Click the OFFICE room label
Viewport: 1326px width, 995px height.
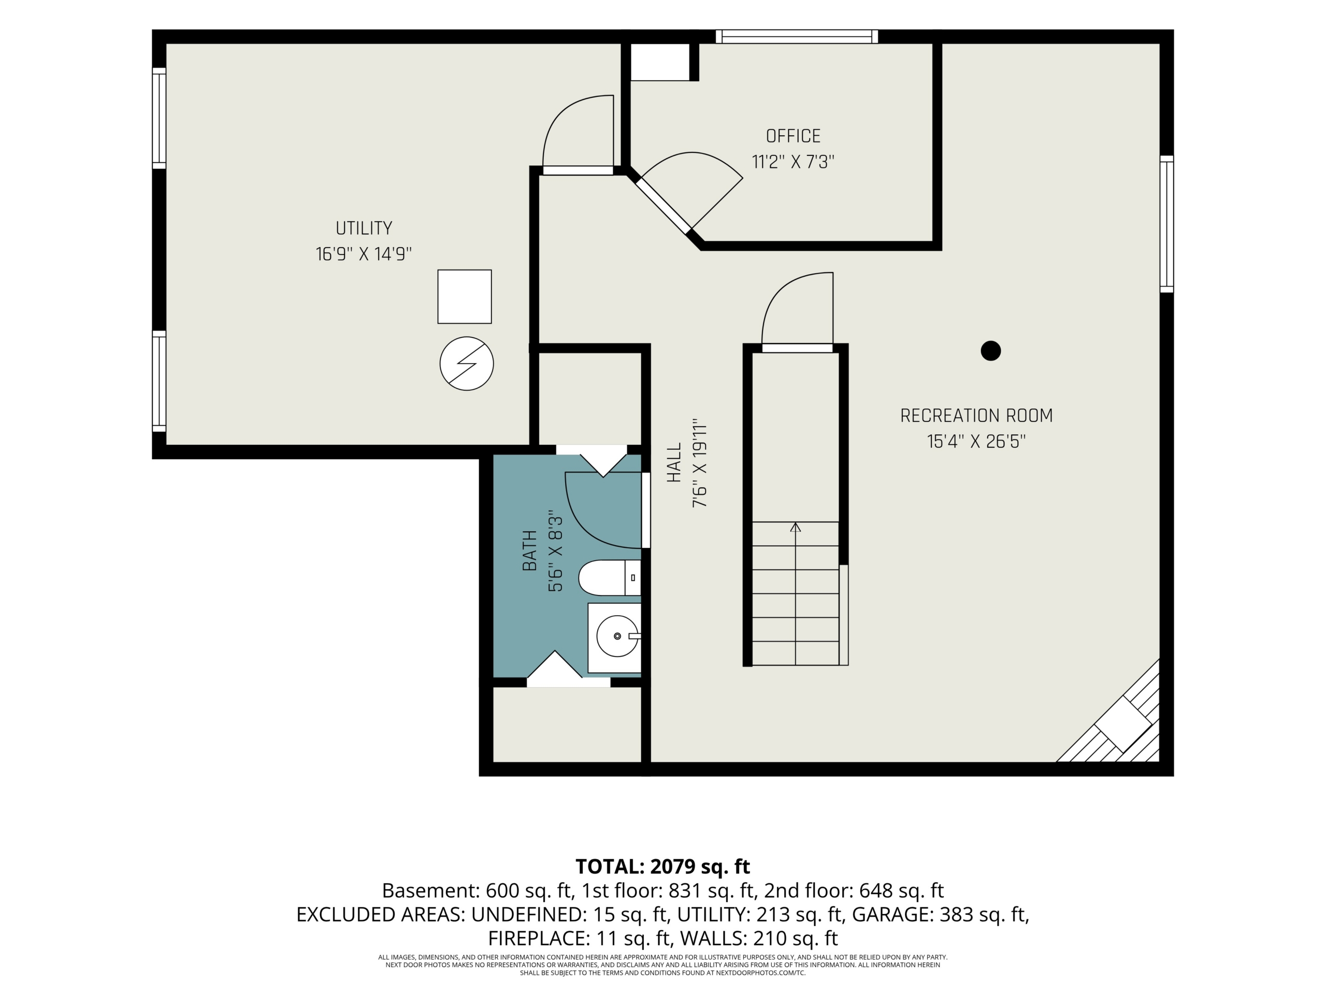[x=793, y=136]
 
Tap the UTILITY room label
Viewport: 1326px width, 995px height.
[x=364, y=228]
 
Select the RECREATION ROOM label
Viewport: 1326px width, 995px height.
[x=976, y=416]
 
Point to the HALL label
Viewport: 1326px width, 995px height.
[x=674, y=462]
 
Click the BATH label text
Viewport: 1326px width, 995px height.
[x=529, y=550]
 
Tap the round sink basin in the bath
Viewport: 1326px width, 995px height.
[x=617, y=636]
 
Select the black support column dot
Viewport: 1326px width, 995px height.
[x=991, y=351]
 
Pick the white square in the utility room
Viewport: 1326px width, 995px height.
[x=465, y=297]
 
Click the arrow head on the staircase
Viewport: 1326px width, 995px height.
[x=796, y=527]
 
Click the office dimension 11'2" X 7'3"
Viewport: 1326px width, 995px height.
[x=793, y=162]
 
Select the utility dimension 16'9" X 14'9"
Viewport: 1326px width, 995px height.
[x=364, y=254]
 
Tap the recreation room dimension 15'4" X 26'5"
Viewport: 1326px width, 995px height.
[x=976, y=442]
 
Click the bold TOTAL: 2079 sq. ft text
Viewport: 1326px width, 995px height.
[x=662, y=866]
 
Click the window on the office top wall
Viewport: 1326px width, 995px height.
[x=797, y=37]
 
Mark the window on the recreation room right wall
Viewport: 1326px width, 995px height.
[x=1166, y=224]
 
